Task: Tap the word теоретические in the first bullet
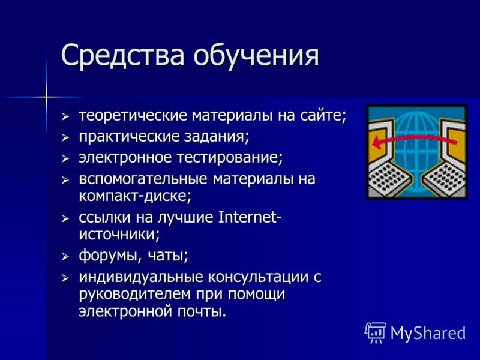(133, 115)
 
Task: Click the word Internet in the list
(247, 217)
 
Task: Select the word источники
(119, 234)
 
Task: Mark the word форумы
(107, 256)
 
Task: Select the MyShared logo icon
(376, 332)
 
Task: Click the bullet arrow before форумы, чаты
(65, 256)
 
